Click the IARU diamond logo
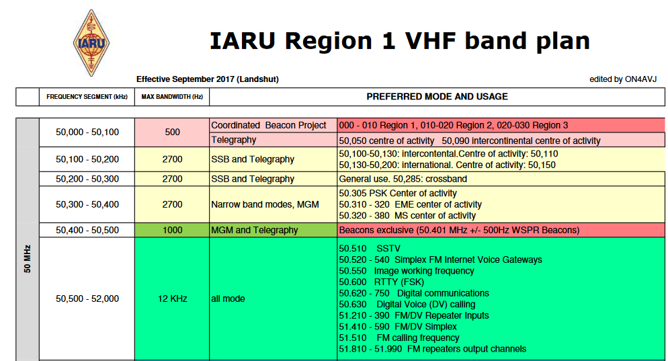91,43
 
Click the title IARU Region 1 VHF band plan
400,41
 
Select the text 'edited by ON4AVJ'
623,79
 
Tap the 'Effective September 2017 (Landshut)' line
208,79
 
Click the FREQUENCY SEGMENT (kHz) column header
87,97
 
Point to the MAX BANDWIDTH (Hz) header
172,97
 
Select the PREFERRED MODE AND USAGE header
437,97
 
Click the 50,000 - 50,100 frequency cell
87,132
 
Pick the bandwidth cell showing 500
172,132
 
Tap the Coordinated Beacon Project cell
273,125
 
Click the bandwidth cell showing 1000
172,230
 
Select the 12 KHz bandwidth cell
172,298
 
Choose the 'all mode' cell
273,298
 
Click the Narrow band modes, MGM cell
273,204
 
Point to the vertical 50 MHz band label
28,259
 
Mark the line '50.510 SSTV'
370,249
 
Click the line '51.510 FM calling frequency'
399,338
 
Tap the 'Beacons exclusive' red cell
501,230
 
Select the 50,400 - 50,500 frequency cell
87,230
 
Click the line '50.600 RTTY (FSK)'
381,282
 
